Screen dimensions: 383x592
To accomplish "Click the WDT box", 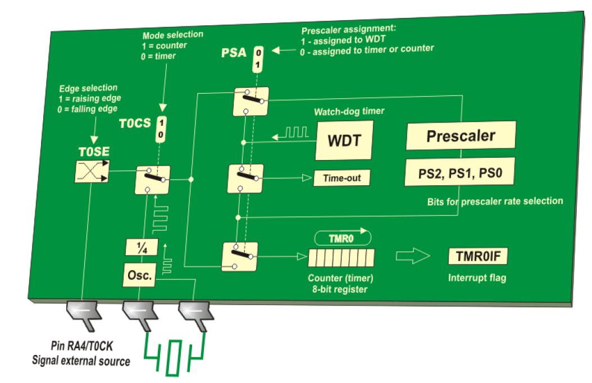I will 344,140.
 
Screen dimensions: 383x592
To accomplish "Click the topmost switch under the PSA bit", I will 251,102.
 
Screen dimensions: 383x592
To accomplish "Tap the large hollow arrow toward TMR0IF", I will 413,257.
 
